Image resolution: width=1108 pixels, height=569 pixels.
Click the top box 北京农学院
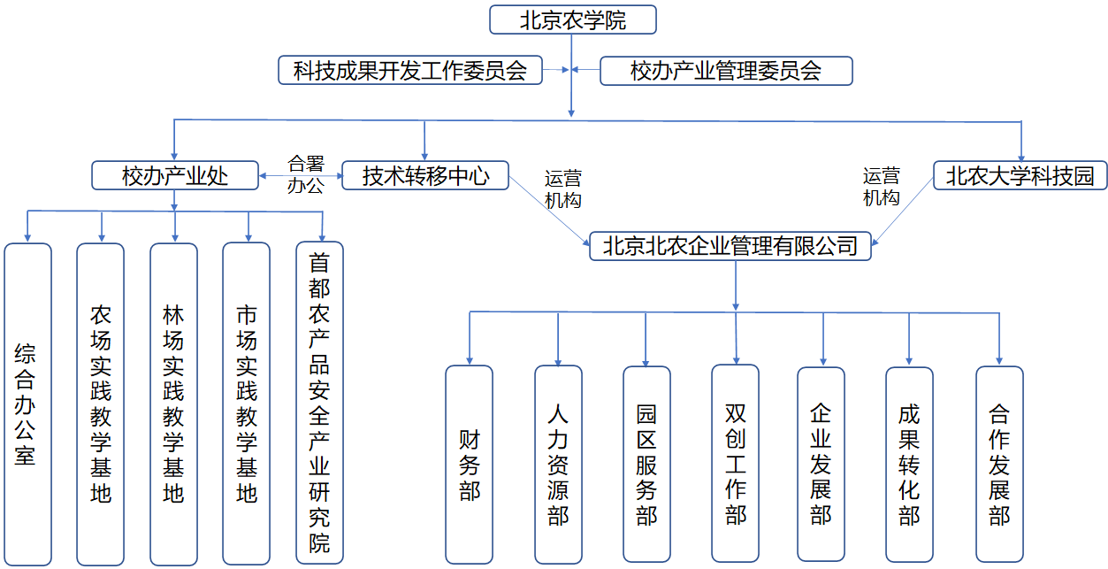click(573, 19)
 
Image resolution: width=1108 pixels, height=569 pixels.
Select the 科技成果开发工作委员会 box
click(410, 70)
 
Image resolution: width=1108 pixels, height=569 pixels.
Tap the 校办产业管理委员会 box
click(726, 71)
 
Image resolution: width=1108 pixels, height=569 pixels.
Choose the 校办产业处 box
click(175, 175)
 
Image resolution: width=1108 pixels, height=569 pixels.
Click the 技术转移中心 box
click(425, 175)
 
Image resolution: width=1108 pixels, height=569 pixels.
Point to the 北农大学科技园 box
click(1020, 175)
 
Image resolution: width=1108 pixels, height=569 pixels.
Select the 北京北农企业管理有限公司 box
click(730, 246)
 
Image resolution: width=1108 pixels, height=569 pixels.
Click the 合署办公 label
click(306, 174)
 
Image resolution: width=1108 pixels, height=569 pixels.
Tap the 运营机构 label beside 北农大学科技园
click(881, 187)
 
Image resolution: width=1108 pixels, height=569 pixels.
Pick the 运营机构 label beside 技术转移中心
click(563, 189)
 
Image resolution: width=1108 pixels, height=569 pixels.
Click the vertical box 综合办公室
click(27, 404)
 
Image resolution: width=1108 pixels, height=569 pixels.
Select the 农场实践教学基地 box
click(101, 404)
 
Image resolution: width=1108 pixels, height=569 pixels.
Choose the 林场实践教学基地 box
click(173, 404)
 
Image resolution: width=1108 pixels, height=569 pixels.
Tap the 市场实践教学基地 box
click(247, 404)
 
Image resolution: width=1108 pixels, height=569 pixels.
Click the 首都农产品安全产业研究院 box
click(319, 403)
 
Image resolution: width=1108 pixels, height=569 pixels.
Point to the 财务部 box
click(469, 465)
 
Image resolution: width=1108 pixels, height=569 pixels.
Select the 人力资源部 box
click(559, 465)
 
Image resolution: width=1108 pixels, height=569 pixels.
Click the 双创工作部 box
click(736, 464)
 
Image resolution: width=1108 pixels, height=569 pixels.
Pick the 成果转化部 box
click(910, 465)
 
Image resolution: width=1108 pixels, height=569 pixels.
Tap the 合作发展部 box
click(999, 464)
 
